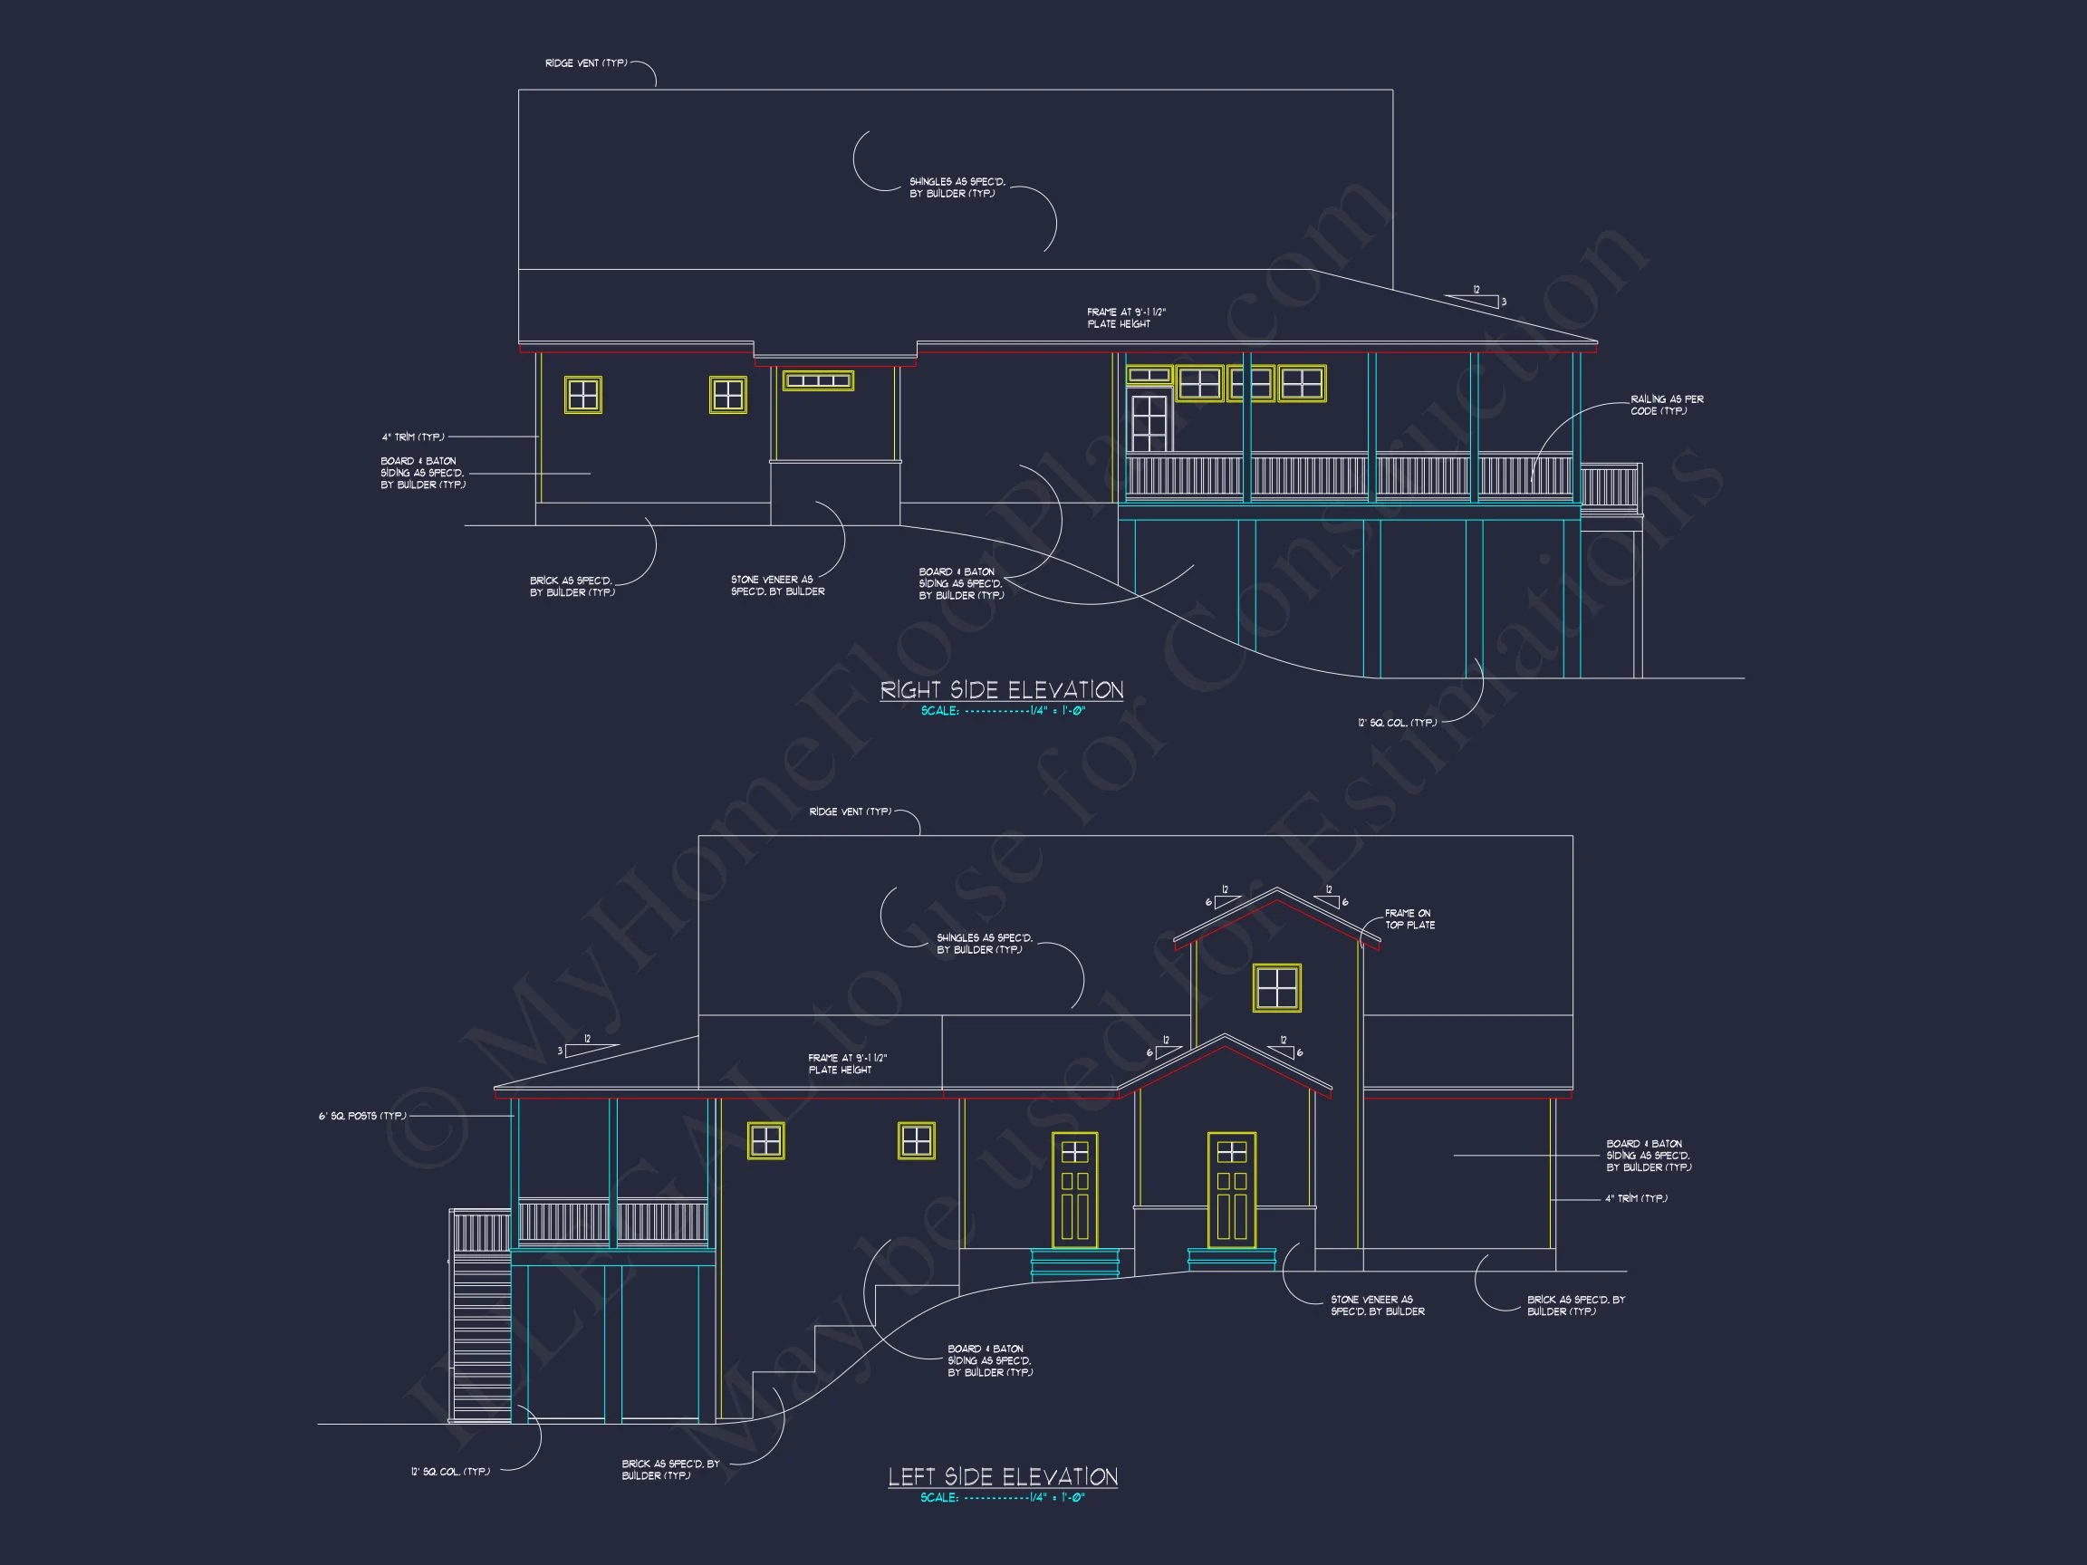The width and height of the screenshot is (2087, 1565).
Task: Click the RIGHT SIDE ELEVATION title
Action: pos(1001,689)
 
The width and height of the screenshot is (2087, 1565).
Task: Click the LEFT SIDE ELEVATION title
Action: pos(1002,1476)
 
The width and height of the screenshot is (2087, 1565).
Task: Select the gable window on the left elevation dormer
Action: pos(1276,988)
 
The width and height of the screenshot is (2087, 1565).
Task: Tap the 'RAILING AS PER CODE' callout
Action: pos(1666,405)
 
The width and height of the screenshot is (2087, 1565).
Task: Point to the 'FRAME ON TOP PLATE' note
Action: pos(1409,919)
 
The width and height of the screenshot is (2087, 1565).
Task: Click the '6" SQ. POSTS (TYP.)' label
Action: pos(362,1116)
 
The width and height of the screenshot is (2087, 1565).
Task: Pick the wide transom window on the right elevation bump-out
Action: pos(818,380)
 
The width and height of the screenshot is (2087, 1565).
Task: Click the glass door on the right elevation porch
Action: pos(1149,422)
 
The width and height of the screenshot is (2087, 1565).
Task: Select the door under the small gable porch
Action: pos(1231,1189)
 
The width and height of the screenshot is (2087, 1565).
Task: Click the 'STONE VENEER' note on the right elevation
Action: pos(777,586)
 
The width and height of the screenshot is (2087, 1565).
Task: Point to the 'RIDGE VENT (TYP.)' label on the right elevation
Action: pos(586,63)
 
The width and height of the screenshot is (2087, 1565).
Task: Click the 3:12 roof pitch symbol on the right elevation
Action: pos(1476,299)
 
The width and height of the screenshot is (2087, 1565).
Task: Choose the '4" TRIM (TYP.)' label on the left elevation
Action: pos(1636,1199)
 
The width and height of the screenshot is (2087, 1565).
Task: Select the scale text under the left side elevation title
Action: pos(1002,1497)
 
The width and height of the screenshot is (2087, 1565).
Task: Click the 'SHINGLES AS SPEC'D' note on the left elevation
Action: pos(984,944)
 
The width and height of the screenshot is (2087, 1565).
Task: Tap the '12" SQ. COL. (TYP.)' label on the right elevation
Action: pos(1398,723)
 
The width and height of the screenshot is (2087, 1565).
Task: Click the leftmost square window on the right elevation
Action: pos(583,394)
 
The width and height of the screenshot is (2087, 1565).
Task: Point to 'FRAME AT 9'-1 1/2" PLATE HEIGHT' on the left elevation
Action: pos(847,1064)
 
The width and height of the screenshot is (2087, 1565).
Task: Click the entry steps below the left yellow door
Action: pos(1074,1263)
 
